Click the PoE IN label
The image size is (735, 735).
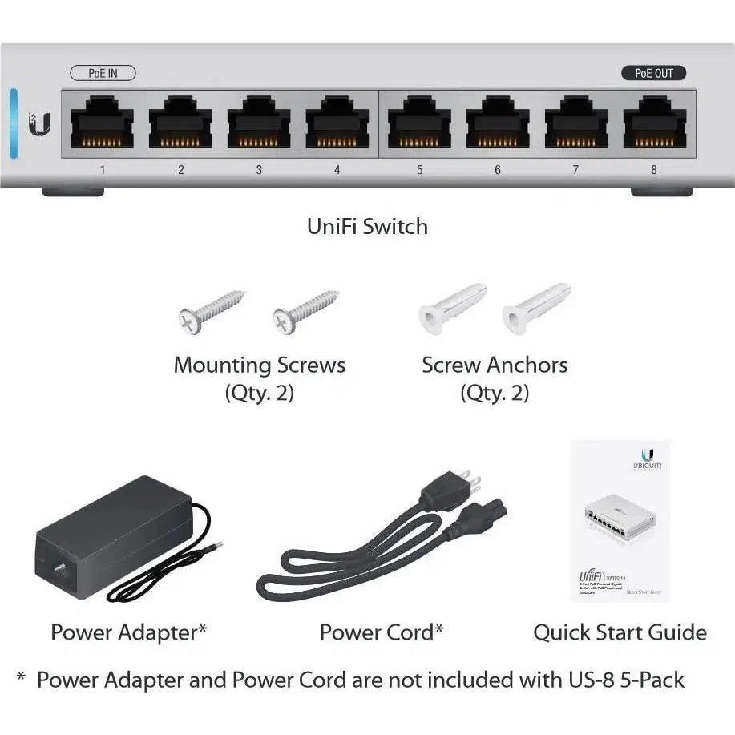[x=103, y=73]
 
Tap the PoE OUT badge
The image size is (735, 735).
[x=654, y=73]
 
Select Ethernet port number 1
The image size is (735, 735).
[x=102, y=125]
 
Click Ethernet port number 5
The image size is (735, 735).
[x=419, y=125]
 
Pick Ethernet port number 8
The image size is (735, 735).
[x=654, y=125]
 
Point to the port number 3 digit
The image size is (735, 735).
[x=259, y=170]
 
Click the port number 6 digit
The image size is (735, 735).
[x=498, y=170]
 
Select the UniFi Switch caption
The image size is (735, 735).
[x=367, y=226]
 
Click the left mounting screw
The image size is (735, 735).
[x=210, y=312]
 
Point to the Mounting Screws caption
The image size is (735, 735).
[x=259, y=365]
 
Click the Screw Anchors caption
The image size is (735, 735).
[x=495, y=365]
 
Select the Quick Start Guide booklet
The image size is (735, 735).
[x=620, y=521]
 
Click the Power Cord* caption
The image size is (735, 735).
[x=382, y=632]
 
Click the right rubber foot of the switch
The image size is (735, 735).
[x=661, y=192]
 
